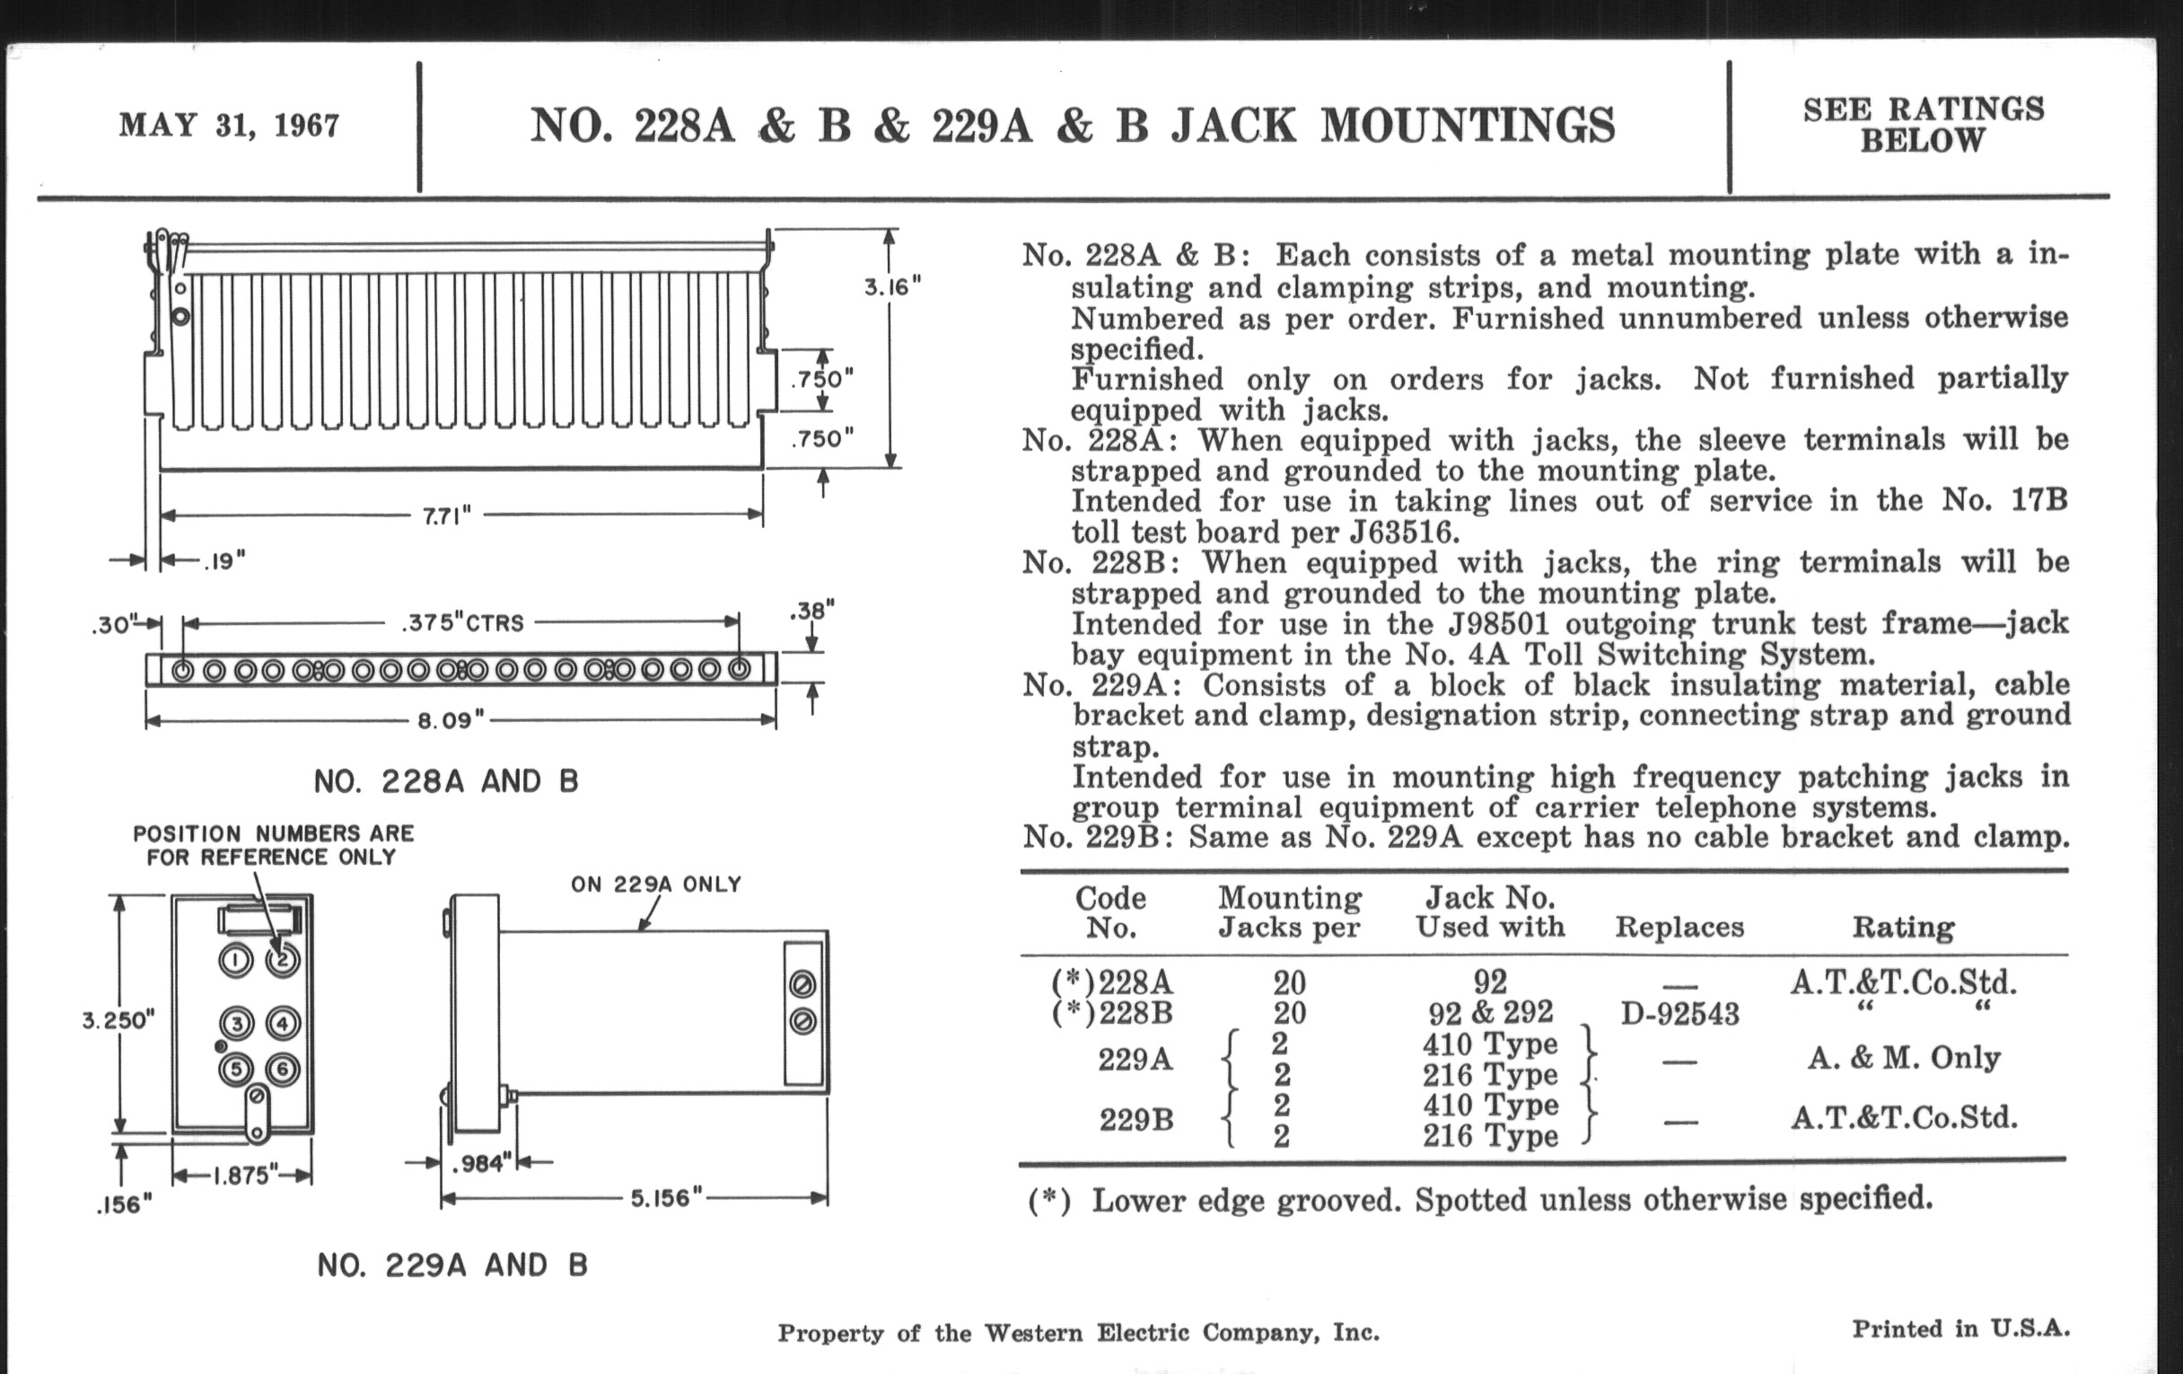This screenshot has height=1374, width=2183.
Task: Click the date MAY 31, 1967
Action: (x=230, y=125)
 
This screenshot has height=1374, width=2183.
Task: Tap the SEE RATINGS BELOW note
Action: (x=1923, y=125)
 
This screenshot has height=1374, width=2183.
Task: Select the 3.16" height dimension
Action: (x=892, y=287)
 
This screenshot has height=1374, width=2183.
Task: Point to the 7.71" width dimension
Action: (x=447, y=516)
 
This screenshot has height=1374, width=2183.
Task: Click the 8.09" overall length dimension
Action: (x=451, y=721)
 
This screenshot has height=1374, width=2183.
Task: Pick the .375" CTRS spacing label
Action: (x=462, y=623)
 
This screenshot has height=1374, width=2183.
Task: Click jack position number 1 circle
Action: (x=236, y=960)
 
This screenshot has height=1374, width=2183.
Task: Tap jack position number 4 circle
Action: (x=283, y=1024)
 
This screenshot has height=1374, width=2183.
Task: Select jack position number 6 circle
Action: (x=283, y=1070)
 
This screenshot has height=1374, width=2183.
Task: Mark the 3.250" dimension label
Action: (x=118, y=1020)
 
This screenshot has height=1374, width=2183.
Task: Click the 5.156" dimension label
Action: (x=666, y=1198)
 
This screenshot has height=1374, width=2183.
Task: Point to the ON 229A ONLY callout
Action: (x=655, y=885)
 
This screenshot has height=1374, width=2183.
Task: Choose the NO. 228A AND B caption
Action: (x=446, y=781)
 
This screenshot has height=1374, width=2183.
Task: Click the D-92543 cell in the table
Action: (x=1679, y=1014)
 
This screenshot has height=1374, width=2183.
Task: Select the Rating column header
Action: (x=1903, y=927)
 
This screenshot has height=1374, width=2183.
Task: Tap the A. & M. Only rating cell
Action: (x=1903, y=1059)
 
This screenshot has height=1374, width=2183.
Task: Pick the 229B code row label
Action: (x=1135, y=1121)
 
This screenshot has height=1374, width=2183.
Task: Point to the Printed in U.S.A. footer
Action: (x=1961, y=1330)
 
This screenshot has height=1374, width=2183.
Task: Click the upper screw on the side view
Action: (x=802, y=984)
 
